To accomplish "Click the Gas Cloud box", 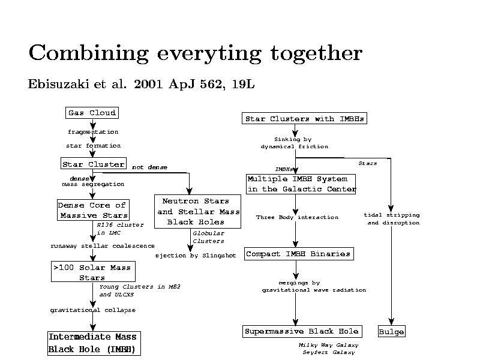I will (91, 113).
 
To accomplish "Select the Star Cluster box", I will (93, 164).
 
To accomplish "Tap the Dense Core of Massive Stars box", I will (93, 210).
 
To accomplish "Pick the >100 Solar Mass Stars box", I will (93, 272).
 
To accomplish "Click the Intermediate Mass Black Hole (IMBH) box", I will (94, 343).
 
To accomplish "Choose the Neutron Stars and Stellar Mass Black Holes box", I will (197, 211).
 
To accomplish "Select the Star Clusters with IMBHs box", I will (304, 119).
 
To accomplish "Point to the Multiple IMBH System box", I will (301, 184).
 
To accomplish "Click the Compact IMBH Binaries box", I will (298, 254).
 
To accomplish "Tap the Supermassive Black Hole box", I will (302, 331).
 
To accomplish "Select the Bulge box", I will (391, 332).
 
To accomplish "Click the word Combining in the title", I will (90, 53).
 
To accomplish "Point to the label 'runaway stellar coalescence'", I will (102, 246).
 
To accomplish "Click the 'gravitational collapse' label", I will (92, 310).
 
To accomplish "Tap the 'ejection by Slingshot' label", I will (196, 256).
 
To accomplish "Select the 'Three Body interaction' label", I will (297, 217).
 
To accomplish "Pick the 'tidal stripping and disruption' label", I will (392, 219).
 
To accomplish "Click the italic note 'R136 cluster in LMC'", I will (120, 229).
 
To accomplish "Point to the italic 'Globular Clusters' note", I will (208, 237).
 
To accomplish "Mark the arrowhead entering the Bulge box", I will (391, 323).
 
